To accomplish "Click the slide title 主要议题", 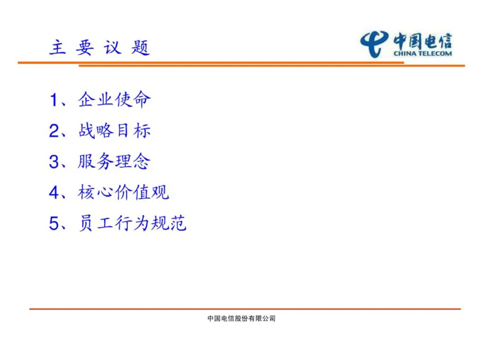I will (x=99, y=48).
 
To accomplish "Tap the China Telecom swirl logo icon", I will (x=374, y=44).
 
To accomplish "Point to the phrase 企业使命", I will (x=114, y=100).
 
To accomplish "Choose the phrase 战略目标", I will (x=114, y=130).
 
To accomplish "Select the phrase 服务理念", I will (x=114, y=161).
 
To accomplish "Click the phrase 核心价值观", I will (x=123, y=193).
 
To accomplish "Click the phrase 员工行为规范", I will (x=132, y=224).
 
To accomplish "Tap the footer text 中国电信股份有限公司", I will (x=241, y=318).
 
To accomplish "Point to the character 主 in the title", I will (x=57, y=48).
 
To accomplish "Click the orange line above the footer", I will (x=241, y=309).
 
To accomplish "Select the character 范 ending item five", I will (x=178, y=224).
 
